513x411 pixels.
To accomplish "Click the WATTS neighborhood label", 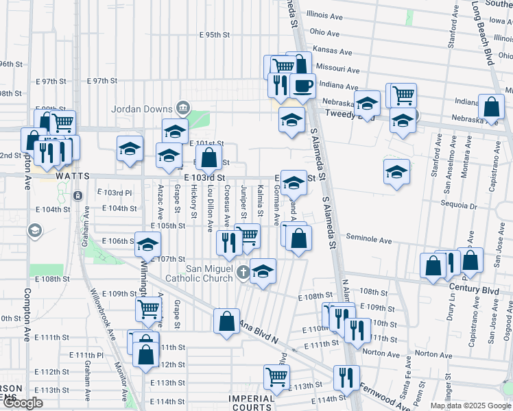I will pyautogui.click(x=72, y=175).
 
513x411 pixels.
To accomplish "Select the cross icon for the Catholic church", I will pyautogui.click(x=242, y=273).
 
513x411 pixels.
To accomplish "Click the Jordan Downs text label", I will pyautogui.click(x=143, y=109).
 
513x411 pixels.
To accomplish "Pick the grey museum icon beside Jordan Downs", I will pyautogui.click(x=183, y=108).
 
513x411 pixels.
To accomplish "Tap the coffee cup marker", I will pyautogui.click(x=302, y=86).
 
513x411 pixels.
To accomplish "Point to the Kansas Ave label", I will pyautogui.click(x=336, y=50).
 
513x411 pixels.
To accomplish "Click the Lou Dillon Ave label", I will pyautogui.click(x=211, y=199).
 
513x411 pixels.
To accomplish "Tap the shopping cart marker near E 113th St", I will pyautogui.click(x=276, y=376).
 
